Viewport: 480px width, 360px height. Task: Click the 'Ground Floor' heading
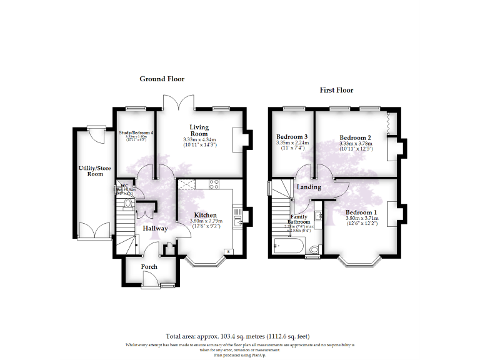161,79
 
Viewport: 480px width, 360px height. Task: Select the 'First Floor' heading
336,90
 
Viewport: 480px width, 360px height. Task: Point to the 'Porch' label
149,267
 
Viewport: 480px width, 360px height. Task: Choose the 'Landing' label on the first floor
309,187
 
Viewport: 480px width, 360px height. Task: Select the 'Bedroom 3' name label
292,137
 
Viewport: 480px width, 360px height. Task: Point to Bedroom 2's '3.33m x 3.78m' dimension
355,143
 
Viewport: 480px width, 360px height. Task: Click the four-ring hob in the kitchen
213,184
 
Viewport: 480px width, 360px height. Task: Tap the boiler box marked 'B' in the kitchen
227,251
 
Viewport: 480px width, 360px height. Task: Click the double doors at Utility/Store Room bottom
94,232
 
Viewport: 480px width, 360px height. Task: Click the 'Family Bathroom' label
299,219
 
